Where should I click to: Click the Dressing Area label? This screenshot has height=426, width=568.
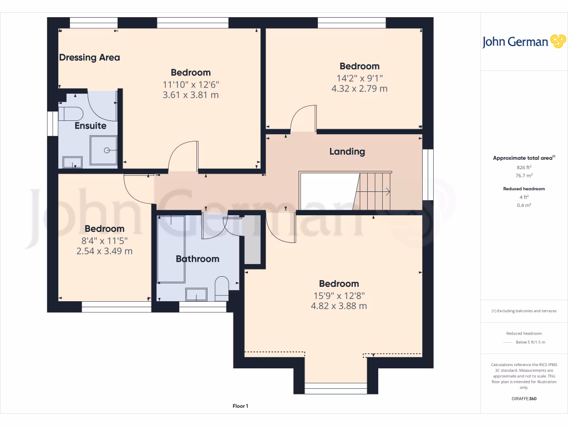coord(89,57)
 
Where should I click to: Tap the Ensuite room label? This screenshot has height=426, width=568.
coord(90,126)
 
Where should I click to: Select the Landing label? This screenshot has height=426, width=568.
coord(347,151)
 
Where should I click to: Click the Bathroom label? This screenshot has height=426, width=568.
coord(197,258)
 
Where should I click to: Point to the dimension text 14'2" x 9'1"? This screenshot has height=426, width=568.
coord(359,78)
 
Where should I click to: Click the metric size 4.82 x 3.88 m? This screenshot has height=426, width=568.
coord(338,306)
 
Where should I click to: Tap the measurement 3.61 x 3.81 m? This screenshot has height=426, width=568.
coord(190,95)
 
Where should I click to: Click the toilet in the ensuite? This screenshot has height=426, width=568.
coord(70,114)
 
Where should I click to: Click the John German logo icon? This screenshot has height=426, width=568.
coord(557,41)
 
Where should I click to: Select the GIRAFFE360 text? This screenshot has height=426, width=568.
coord(524,399)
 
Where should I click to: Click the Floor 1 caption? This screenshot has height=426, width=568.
coord(240,407)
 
